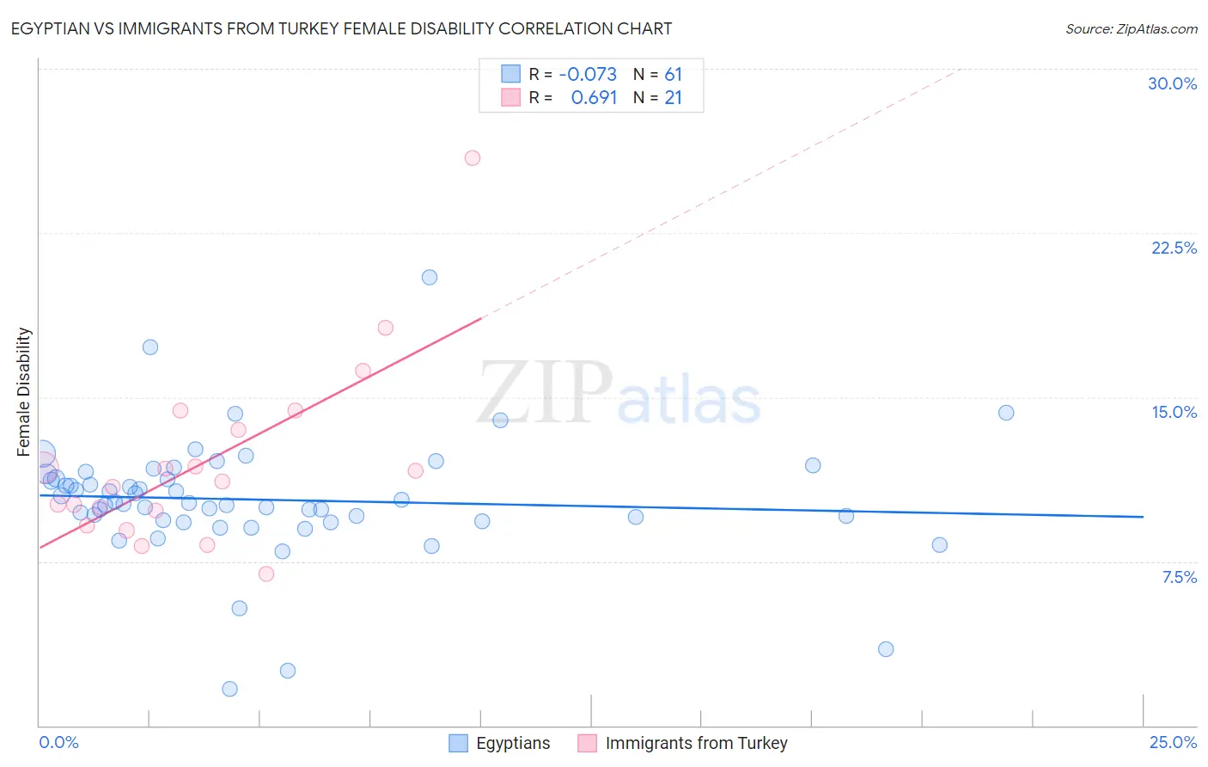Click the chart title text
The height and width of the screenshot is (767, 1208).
[341, 28]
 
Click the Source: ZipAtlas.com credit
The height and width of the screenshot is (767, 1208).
[1131, 28]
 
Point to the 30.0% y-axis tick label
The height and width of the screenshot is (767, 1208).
[1172, 83]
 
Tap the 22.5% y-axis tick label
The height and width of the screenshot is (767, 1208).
[1174, 248]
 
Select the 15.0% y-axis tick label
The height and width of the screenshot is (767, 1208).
[1174, 412]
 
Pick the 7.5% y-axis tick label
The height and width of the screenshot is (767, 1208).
[1179, 577]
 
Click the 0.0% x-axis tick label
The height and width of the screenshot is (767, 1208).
[58, 742]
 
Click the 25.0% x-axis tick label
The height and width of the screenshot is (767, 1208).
[1173, 742]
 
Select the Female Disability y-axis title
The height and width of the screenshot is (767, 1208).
[24, 391]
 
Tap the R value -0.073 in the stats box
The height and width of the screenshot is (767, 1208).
[588, 74]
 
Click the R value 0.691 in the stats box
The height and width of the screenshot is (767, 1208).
[594, 97]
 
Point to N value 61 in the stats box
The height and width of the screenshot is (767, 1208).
[673, 74]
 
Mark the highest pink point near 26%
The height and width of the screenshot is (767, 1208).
[473, 157]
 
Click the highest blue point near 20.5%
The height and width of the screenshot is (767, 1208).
[430, 277]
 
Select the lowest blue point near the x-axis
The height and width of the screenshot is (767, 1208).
[229, 689]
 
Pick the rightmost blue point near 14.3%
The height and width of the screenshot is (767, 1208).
[1006, 413]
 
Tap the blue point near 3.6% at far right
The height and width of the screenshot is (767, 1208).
[886, 649]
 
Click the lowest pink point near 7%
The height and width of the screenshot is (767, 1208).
[266, 574]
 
